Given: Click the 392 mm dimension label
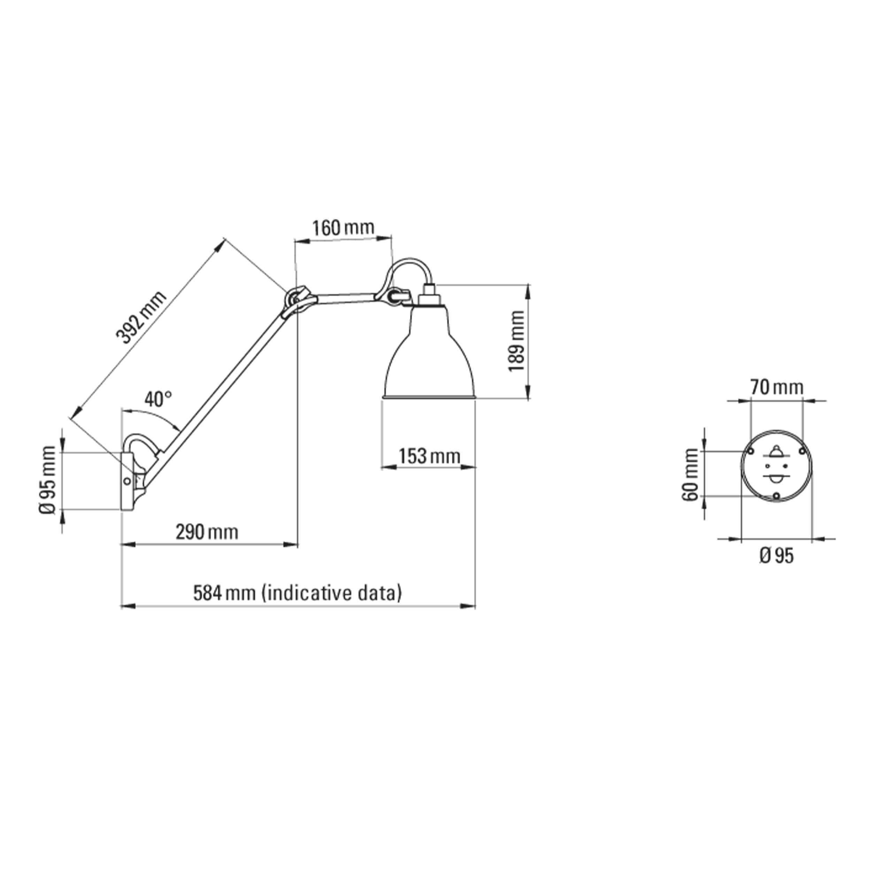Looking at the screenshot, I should tap(141, 317).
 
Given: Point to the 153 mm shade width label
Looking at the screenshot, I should tap(429, 456).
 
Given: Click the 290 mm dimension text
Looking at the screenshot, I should tap(207, 532).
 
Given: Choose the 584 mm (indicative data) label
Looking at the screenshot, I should tap(297, 593).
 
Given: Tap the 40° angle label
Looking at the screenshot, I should tap(158, 399).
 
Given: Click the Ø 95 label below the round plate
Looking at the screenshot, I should tap(776, 556).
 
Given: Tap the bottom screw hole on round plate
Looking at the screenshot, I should tap(776, 495).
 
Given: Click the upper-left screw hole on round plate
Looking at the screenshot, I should tap(750, 451).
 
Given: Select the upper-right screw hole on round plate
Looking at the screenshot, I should tap(802, 451).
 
